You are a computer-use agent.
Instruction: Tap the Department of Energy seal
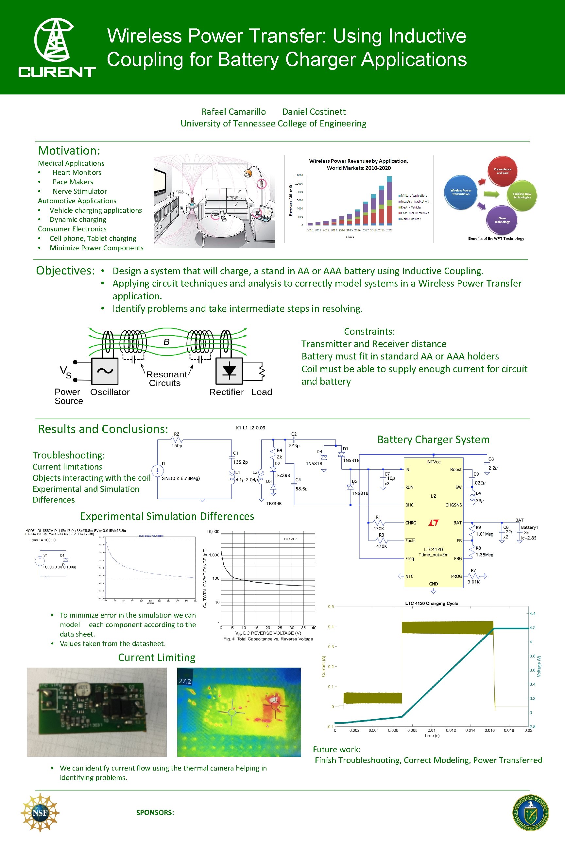(x=530, y=813)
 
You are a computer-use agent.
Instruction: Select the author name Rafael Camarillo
(x=233, y=112)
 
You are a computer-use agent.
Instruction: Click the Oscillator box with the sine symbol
(x=105, y=371)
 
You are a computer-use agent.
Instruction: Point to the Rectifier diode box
(x=229, y=371)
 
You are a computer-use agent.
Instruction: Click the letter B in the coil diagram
(x=166, y=342)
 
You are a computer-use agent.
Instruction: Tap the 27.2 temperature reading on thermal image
(x=185, y=681)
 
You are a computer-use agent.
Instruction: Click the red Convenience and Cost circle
(x=502, y=171)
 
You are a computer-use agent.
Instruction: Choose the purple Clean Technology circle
(x=502, y=219)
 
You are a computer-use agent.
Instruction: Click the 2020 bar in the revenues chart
(x=389, y=201)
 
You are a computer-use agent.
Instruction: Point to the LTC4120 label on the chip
(x=433, y=549)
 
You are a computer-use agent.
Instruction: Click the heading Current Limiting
(x=157, y=657)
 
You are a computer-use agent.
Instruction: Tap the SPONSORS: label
(x=155, y=812)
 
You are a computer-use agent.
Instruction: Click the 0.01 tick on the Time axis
(x=431, y=730)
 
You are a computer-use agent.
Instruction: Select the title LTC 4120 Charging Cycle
(x=432, y=603)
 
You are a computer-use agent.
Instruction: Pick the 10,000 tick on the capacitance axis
(x=213, y=532)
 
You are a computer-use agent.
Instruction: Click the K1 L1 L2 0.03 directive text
(x=250, y=428)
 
